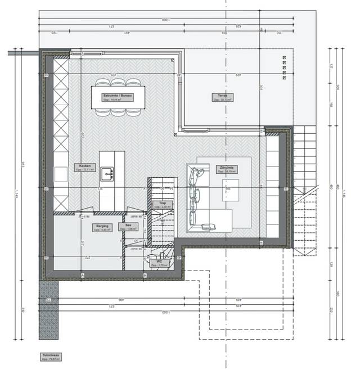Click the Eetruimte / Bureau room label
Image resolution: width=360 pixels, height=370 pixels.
pyautogui.click(x=118, y=97)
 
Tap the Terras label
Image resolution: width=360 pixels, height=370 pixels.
pyautogui.click(x=222, y=97)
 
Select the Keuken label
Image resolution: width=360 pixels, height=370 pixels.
pyautogui.click(x=84, y=167)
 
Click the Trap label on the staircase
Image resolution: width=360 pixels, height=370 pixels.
pyautogui.click(x=162, y=204)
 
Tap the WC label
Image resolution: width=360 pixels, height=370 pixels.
pyautogui.click(x=159, y=261)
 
